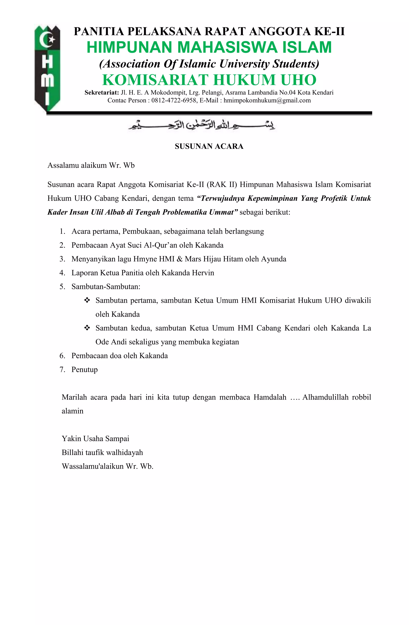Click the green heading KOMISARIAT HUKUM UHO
point(209,80)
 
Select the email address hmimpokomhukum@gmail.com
point(267,101)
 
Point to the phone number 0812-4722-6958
point(174,101)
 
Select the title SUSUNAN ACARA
point(209,146)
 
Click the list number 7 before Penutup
point(62,370)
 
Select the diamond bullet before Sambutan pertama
point(87,300)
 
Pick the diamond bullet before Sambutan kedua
point(87,328)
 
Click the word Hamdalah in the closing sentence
point(270,397)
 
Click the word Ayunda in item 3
point(273,259)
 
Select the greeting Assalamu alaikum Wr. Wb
point(91,165)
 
